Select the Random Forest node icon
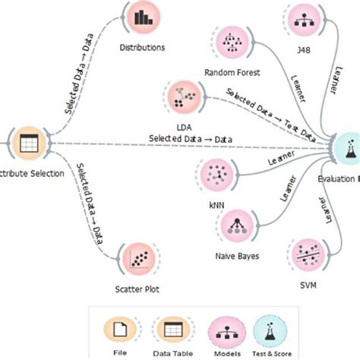[x=232, y=43]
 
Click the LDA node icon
[x=182, y=97]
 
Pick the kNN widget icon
[x=213, y=175]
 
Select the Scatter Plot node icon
[x=139, y=260]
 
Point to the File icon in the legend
[x=120, y=330]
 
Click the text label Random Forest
[x=232, y=73]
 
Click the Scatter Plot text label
[x=138, y=289]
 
